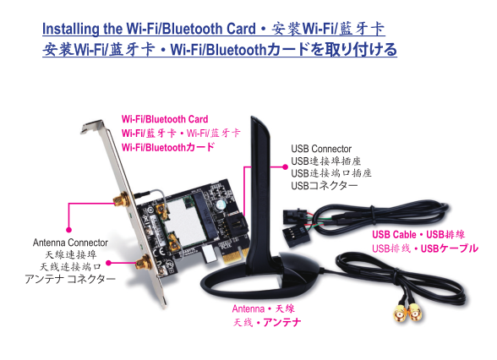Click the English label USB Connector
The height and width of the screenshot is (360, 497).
(x=321, y=149)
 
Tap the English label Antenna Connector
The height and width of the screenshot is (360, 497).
(x=70, y=243)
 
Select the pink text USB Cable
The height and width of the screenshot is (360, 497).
(x=394, y=235)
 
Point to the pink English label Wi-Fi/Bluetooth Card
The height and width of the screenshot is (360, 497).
(x=165, y=119)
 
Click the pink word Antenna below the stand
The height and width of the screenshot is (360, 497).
(x=248, y=308)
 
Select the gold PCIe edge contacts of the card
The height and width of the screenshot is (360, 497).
(x=235, y=256)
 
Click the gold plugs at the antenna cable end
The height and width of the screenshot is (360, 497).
(x=408, y=312)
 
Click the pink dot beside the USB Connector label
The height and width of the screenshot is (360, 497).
(x=286, y=166)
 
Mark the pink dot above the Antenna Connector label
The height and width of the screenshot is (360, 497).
(x=68, y=230)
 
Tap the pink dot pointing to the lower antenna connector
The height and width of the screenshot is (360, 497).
(x=108, y=263)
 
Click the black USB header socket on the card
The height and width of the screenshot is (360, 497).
(x=235, y=225)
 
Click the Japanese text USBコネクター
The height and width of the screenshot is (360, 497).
(x=325, y=185)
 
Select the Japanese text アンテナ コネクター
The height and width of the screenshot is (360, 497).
(x=70, y=279)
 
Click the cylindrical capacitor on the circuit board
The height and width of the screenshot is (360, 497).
(x=220, y=205)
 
